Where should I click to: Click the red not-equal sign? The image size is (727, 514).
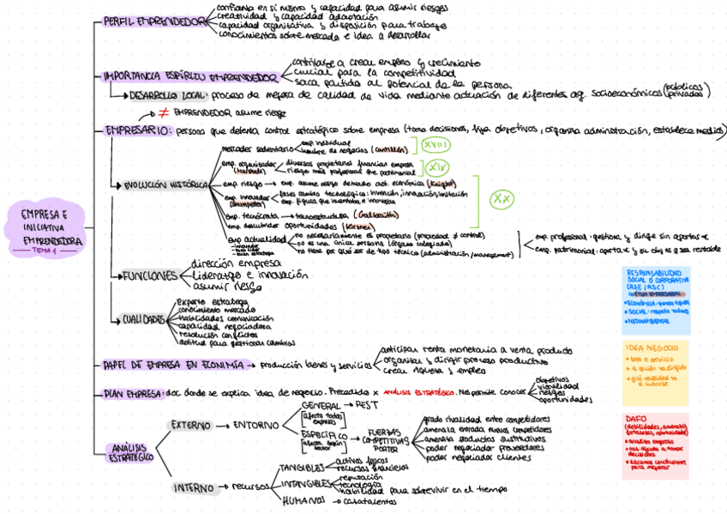(163, 113)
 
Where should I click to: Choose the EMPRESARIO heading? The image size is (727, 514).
(137, 131)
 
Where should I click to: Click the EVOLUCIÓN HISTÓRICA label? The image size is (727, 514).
(165, 184)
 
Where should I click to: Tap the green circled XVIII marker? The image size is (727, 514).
(438, 146)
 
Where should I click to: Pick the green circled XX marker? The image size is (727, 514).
(501, 199)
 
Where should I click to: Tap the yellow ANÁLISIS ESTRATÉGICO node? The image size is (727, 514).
(131, 452)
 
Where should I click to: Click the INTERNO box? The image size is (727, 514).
(194, 487)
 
